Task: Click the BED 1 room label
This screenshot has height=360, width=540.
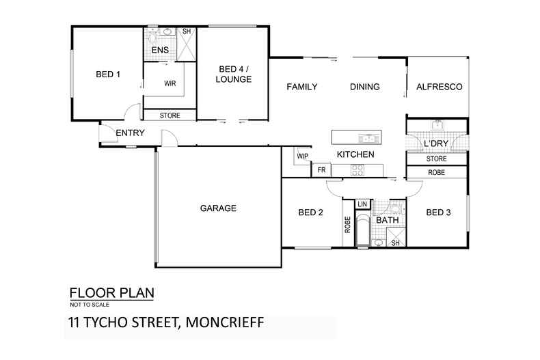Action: [x=109, y=74]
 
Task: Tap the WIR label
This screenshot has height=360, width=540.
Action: [x=171, y=84]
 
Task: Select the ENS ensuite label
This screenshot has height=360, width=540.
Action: [x=160, y=50]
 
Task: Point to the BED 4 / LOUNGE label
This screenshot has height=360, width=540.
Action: [x=235, y=74]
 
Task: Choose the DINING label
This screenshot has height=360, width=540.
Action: [x=364, y=87]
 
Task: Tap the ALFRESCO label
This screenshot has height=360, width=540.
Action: [x=440, y=87]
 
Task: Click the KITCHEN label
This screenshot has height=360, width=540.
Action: [x=355, y=155]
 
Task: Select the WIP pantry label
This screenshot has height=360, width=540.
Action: [x=303, y=156]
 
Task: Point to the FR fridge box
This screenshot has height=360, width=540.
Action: [x=321, y=169]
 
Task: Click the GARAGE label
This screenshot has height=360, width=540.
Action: [x=218, y=208]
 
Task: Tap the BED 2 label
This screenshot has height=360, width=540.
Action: [x=310, y=212]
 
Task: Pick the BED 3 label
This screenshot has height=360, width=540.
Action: [x=438, y=212]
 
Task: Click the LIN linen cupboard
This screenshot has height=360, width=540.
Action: [x=362, y=204]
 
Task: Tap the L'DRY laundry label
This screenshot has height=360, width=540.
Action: [x=437, y=145]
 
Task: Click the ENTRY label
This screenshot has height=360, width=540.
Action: [x=129, y=133]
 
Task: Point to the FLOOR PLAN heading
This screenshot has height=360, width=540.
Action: [x=112, y=294]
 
